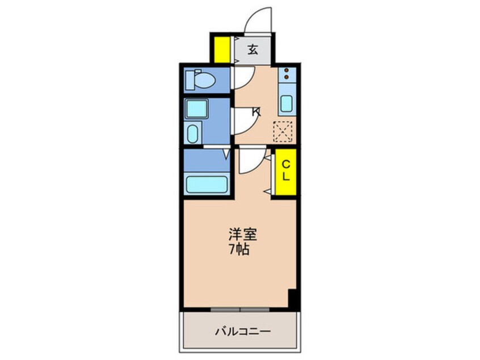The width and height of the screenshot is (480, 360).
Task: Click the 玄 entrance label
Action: click(253, 49)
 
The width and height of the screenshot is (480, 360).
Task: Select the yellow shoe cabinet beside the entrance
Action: click(221, 49)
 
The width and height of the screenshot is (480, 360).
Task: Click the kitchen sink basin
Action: click(287, 104)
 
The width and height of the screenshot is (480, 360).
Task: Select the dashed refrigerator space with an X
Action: click(283, 131)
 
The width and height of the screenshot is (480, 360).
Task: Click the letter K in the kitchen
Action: click(256, 112)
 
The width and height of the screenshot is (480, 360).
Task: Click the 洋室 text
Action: click(241, 233)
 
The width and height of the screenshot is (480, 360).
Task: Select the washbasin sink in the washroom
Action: click(192, 134)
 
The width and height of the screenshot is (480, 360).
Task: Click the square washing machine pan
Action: click(197, 108)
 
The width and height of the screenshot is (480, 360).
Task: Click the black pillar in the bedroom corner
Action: click(293, 299)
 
